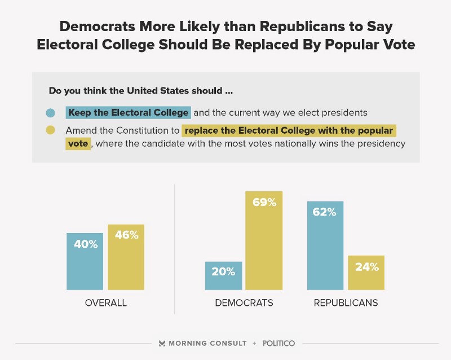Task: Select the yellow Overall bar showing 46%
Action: pyautogui.click(x=126, y=257)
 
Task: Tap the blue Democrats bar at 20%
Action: pyautogui.click(x=223, y=276)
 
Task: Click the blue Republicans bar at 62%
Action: pyautogui.click(x=325, y=245)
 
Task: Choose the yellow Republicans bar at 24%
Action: pyautogui.click(x=366, y=273)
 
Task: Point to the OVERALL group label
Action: pyautogui.click(x=106, y=303)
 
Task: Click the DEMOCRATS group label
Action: pyautogui.click(x=244, y=303)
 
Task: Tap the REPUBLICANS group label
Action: pyautogui.click(x=346, y=303)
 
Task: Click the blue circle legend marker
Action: pyautogui.click(x=51, y=112)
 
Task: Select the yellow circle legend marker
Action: pyautogui.click(x=51, y=131)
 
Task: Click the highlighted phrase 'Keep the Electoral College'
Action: pyautogui.click(x=128, y=112)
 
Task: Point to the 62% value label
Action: pyautogui.click(x=325, y=212)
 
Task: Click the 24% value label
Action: pyautogui.click(x=366, y=267)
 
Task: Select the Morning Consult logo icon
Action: pyautogui.click(x=162, y=343)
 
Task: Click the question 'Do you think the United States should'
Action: pyautogui.click(x=141, y=90)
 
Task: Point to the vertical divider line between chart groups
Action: pyautogui.click(x=175, y=248)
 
